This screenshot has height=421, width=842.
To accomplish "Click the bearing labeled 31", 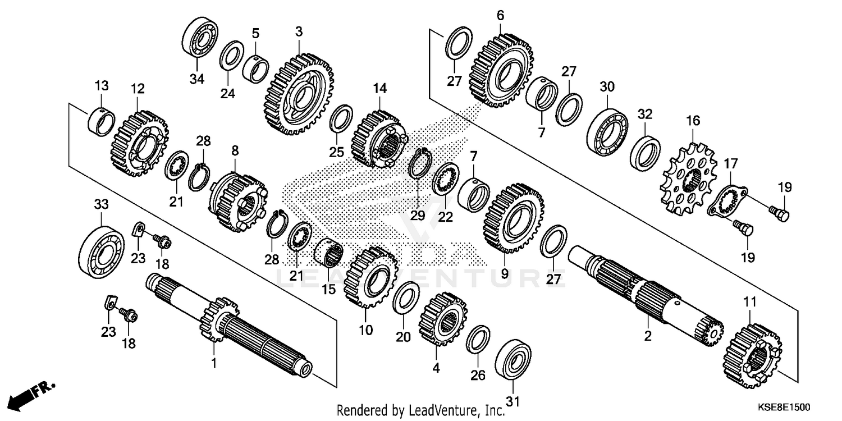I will click(x=514, y=360).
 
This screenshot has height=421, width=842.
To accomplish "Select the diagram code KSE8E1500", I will click(x=789, y=406).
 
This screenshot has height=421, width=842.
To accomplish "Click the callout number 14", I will click(x=379, y=88).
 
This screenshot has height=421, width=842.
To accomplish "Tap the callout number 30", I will click(x=607, y=87).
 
